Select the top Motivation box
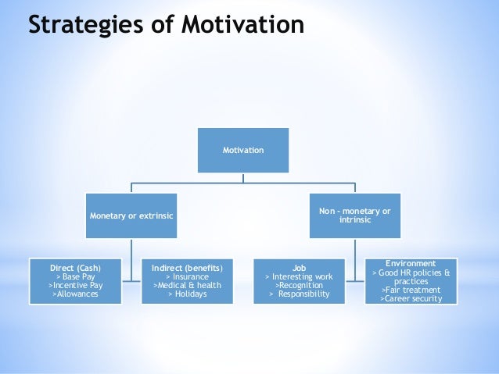pos(243,149)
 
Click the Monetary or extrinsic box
pos(131,215)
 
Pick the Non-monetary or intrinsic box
pos(355,215)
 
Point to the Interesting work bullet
pos(299,276)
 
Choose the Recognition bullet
pos(299,286)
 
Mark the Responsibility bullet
pos(299,295)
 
